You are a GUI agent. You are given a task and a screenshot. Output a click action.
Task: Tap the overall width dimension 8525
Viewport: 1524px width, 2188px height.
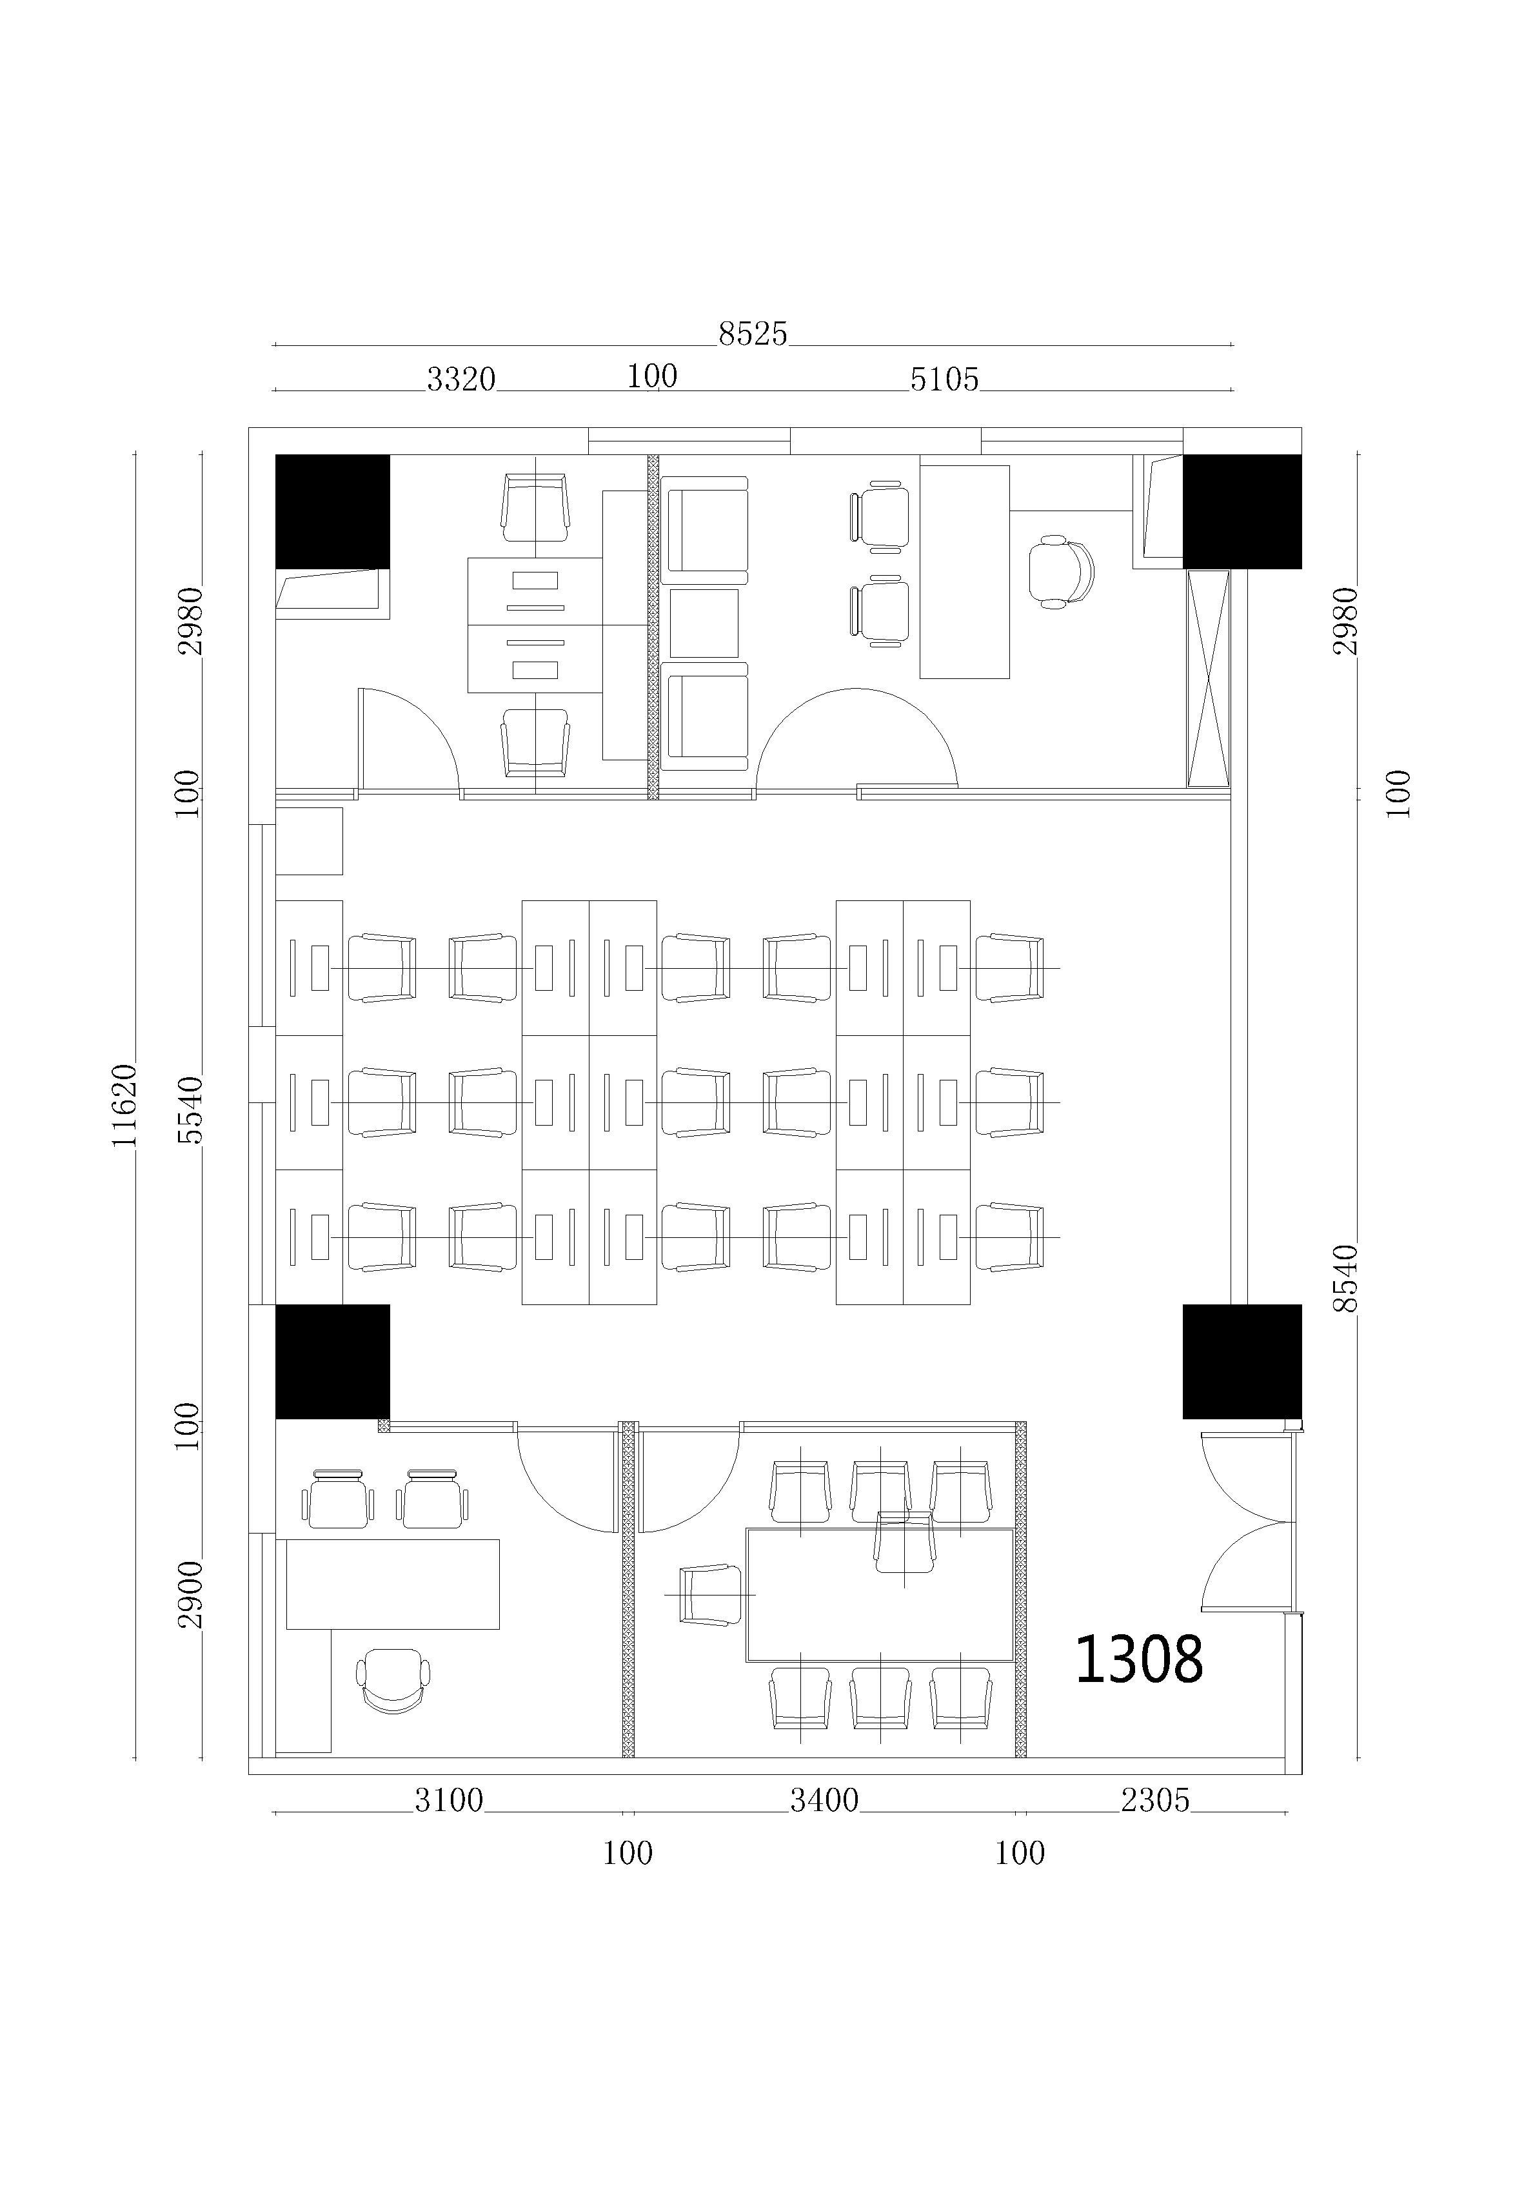coord(753,334)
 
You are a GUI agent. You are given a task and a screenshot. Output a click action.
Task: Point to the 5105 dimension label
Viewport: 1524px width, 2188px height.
coord(944,380)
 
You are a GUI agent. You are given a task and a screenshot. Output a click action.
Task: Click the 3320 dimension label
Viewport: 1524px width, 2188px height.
coord(461,380)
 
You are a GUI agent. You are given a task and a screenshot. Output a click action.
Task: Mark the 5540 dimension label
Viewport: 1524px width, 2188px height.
coord(190,1109)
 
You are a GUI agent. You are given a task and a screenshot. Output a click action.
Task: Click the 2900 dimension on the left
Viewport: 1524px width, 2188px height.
coord(190,1594)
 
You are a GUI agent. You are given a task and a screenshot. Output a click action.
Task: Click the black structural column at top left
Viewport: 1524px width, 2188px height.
coord(332,512)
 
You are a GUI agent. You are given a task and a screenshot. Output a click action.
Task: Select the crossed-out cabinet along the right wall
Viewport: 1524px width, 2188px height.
coord(1208,678)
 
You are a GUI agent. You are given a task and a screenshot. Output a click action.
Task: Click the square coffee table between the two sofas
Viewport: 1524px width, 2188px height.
coord(704,623)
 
